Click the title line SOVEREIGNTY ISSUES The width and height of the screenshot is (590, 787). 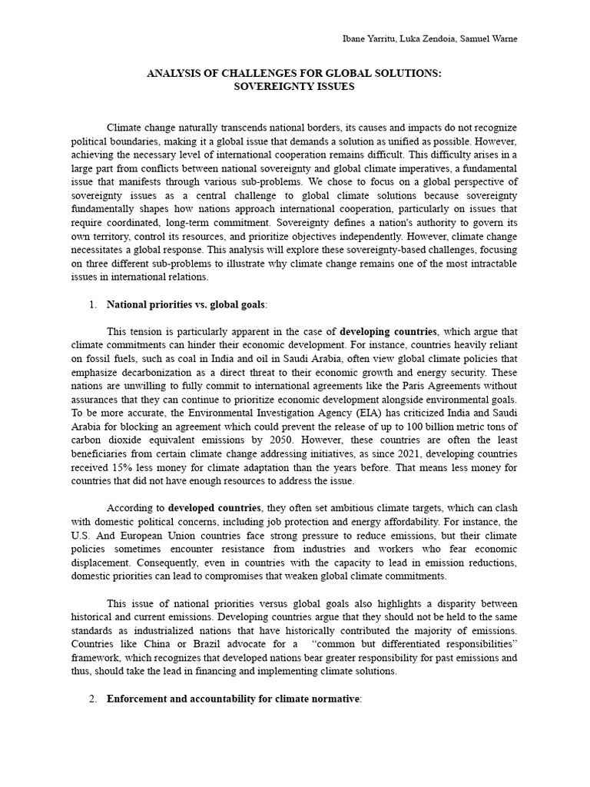click(x=294, y=87)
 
